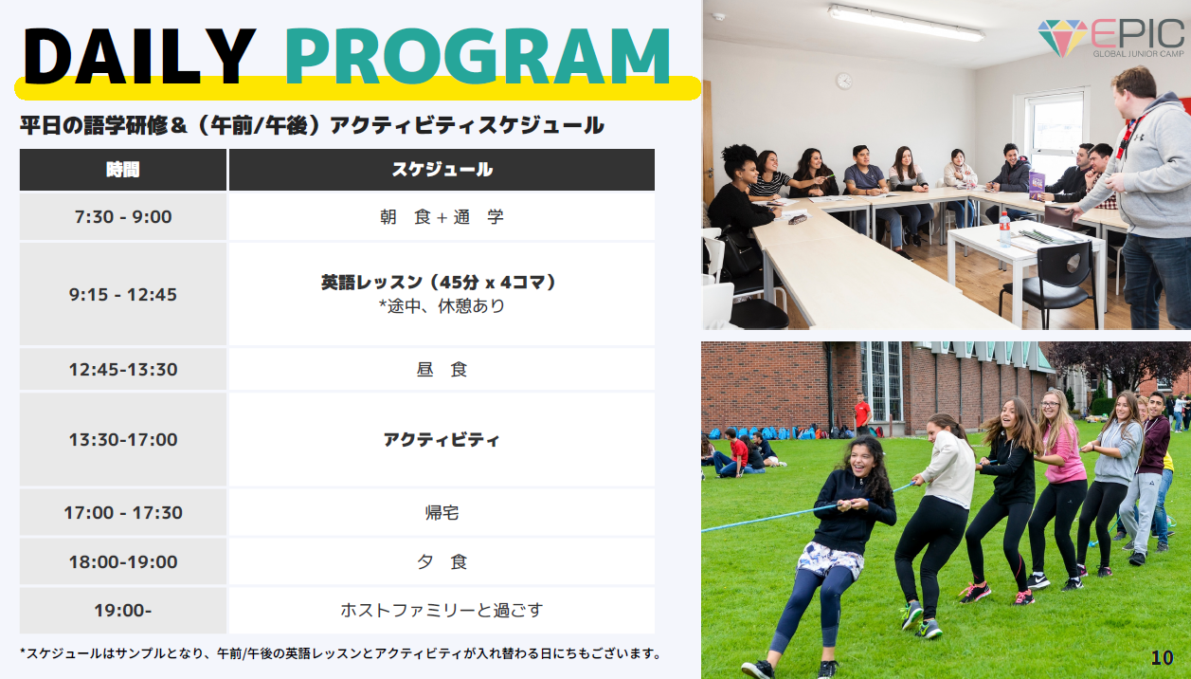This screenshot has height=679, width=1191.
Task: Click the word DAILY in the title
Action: click(x=139, y=56)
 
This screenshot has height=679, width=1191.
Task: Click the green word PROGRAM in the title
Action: click(x=478, y=56)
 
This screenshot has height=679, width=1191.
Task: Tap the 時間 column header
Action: click(x=123, y=170)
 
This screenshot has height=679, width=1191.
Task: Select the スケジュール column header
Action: click(x=442, y=170)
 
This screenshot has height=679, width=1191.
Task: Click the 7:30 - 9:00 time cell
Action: click(x=123, y=217)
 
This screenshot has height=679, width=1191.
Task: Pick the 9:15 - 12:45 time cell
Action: click(x=123, y=294)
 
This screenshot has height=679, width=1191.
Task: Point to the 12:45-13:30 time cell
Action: click(x=123, y=369)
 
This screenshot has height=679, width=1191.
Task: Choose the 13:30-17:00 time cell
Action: click(x=123, y=439)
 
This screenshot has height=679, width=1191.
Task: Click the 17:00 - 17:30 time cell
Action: click(x=123, y=512)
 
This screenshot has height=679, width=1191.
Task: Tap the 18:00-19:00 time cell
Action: click(x=123, y=562)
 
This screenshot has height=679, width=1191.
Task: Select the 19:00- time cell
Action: click(x=123, y=611)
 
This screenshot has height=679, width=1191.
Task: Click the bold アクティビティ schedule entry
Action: click(x=442, y=440)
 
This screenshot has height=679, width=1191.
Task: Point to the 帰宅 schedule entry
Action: click(x=442, y=512)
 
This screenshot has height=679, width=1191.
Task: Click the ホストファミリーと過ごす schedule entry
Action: click(x=442, y=610)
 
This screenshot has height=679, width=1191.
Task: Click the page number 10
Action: click(x=1162, y=658)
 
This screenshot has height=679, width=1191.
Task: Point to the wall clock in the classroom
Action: click(x=844, y=82)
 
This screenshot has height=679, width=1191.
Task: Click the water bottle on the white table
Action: click(x=1004, y=229)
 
